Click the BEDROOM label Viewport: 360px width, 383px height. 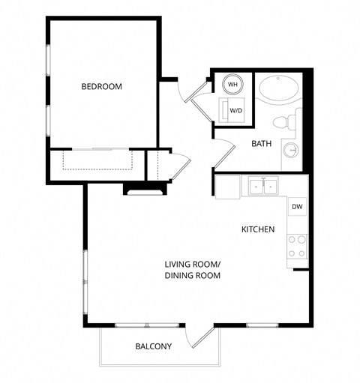coord(101,87)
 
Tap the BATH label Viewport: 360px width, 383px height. coord(261,143)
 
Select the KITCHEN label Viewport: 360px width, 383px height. coord(257,229)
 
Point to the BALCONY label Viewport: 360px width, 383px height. coord(153,346)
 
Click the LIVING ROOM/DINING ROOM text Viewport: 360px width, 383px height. coord(193,271)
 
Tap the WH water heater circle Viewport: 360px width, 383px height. coord(232,85)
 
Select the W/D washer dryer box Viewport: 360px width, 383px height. coord(235,110)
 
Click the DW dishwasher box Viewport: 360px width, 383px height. coord(297,207)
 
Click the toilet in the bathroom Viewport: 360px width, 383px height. coord(283,122)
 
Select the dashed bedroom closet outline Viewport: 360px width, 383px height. coord(97,160)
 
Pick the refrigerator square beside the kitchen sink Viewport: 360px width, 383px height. coord(228,187)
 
